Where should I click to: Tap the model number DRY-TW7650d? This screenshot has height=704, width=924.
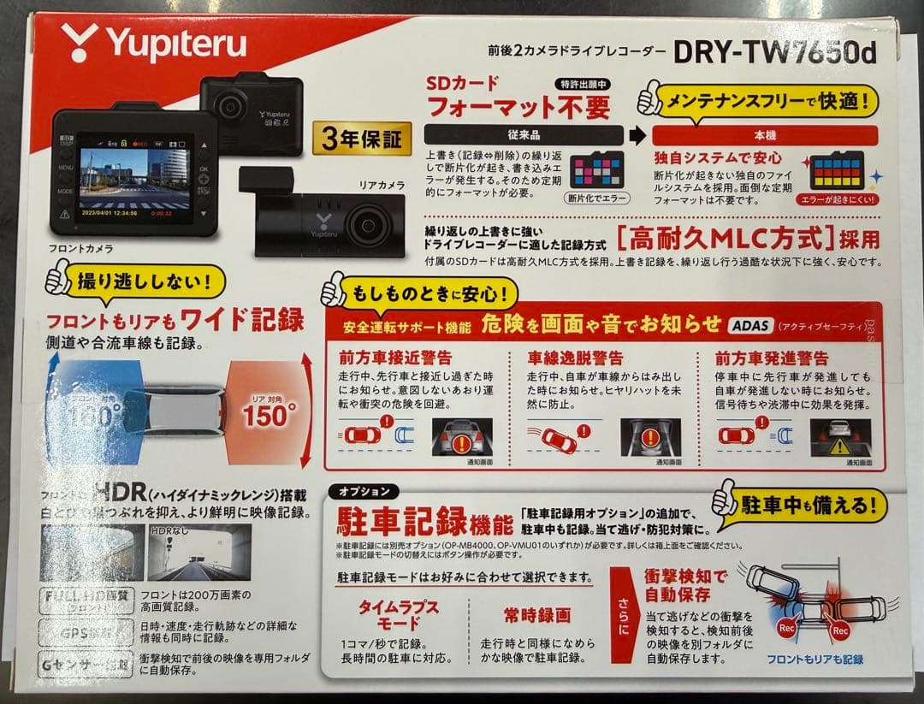tap(774, 52)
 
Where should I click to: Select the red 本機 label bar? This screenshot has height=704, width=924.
tap(764, 135)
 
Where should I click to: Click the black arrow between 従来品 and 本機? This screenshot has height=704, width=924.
tap(637, 135)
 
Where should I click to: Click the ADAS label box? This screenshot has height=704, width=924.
tap(750, 325)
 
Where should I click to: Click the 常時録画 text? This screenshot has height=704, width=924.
tap(536, 615)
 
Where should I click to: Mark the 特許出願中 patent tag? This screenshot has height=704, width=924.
tap(583, 84)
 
